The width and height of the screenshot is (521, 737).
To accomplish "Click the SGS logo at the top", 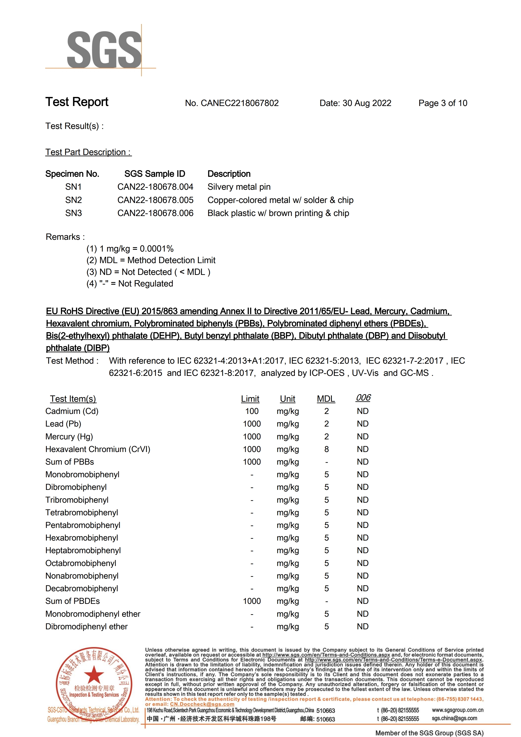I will (104, 50).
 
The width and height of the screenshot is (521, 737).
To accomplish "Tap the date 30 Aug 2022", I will (367, 103).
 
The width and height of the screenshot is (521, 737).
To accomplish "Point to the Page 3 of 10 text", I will (443, 103).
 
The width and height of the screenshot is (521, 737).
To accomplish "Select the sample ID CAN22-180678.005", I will (155, 200).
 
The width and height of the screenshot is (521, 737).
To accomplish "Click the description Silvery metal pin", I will (239, 187).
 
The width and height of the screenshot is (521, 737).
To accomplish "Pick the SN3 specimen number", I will (74, 213).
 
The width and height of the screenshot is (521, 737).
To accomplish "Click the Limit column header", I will (250, 399).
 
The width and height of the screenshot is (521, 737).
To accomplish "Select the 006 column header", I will (363, 398).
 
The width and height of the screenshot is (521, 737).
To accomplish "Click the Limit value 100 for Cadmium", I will (252, 411).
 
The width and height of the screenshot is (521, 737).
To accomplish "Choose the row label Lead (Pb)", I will (63, 424).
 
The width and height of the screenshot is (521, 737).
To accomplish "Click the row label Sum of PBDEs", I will (73, 601).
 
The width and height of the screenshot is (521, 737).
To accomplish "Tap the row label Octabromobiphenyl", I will (81, 563).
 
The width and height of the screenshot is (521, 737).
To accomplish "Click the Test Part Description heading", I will (88, 152).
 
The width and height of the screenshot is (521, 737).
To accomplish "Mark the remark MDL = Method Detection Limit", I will (151, 260).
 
